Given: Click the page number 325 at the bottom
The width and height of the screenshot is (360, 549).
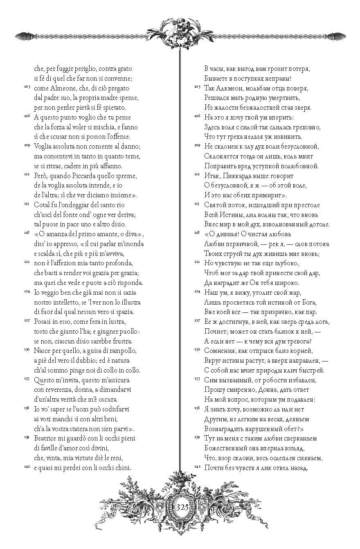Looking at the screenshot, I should point(182,506).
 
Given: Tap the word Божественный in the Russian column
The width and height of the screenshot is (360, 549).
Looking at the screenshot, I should point(225,448).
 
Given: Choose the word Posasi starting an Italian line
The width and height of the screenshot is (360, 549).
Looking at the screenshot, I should point(44,322).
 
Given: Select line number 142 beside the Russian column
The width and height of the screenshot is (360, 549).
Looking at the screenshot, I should point(197,467).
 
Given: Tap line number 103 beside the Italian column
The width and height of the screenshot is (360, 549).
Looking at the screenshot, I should point(27,87).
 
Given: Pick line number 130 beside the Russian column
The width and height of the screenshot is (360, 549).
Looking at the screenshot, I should point(197,350).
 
